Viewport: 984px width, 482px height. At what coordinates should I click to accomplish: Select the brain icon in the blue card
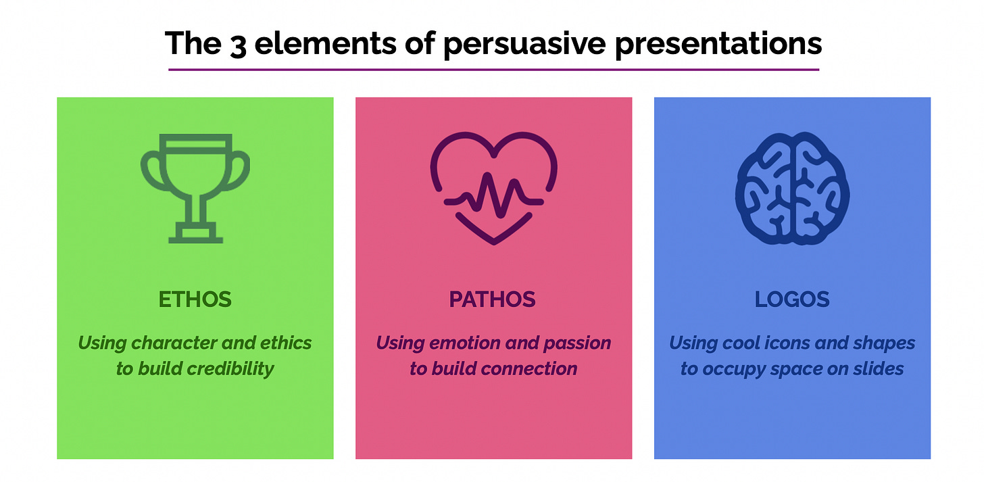pos(792,188)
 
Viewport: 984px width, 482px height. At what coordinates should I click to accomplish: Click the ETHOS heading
pos(195,299)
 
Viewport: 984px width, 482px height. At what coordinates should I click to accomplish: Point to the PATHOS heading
pos(493,299)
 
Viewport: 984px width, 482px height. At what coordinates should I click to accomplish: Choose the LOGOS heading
pos(792,299)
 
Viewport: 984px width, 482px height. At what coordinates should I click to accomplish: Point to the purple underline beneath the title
pos(493,69)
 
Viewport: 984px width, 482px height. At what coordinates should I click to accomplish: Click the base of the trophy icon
pos(195,233)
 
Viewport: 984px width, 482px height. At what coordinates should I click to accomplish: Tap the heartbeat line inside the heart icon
pos(493,199)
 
